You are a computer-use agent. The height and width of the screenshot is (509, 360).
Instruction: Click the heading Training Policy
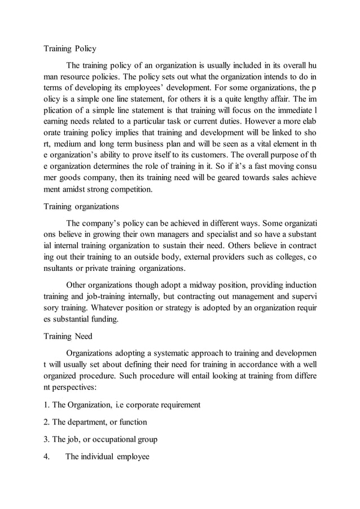[x=70, y=49]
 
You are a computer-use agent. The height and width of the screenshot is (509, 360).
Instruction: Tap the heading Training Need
[x=68, y=337]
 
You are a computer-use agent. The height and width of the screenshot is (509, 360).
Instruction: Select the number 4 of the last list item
[x=46, y=457]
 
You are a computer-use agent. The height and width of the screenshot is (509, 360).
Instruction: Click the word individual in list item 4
[x=98, y=457]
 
